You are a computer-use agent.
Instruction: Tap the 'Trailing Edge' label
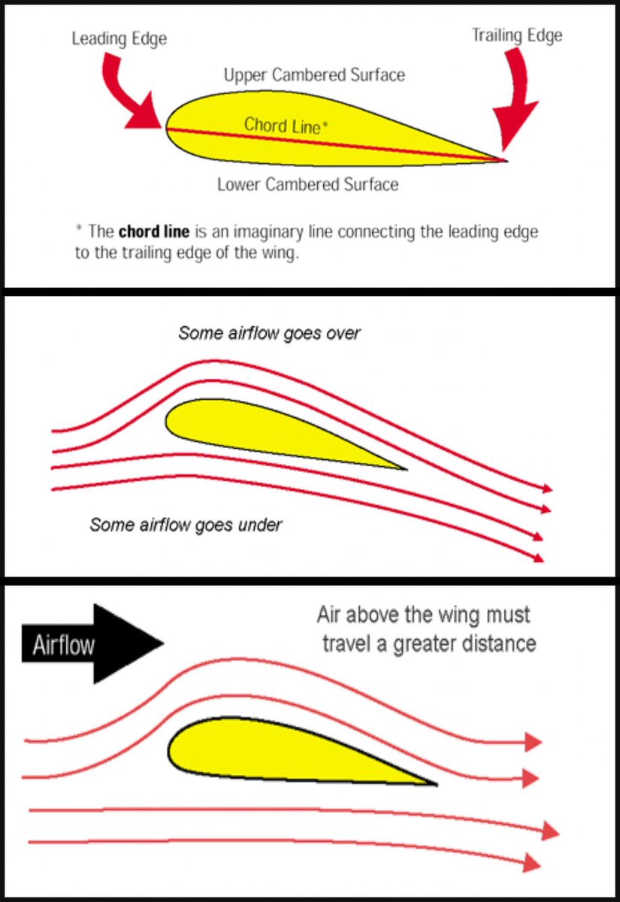coord(517,35)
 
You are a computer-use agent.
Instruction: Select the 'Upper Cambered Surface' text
coord(314,75)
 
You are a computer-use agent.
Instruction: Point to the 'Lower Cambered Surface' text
coord(307,183)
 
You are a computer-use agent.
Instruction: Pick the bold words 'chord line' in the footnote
coord(147,231)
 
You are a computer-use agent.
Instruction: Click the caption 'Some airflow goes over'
coord(269,332)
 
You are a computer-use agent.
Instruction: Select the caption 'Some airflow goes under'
coord(186,524)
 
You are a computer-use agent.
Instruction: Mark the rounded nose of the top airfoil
coord(169,128)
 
